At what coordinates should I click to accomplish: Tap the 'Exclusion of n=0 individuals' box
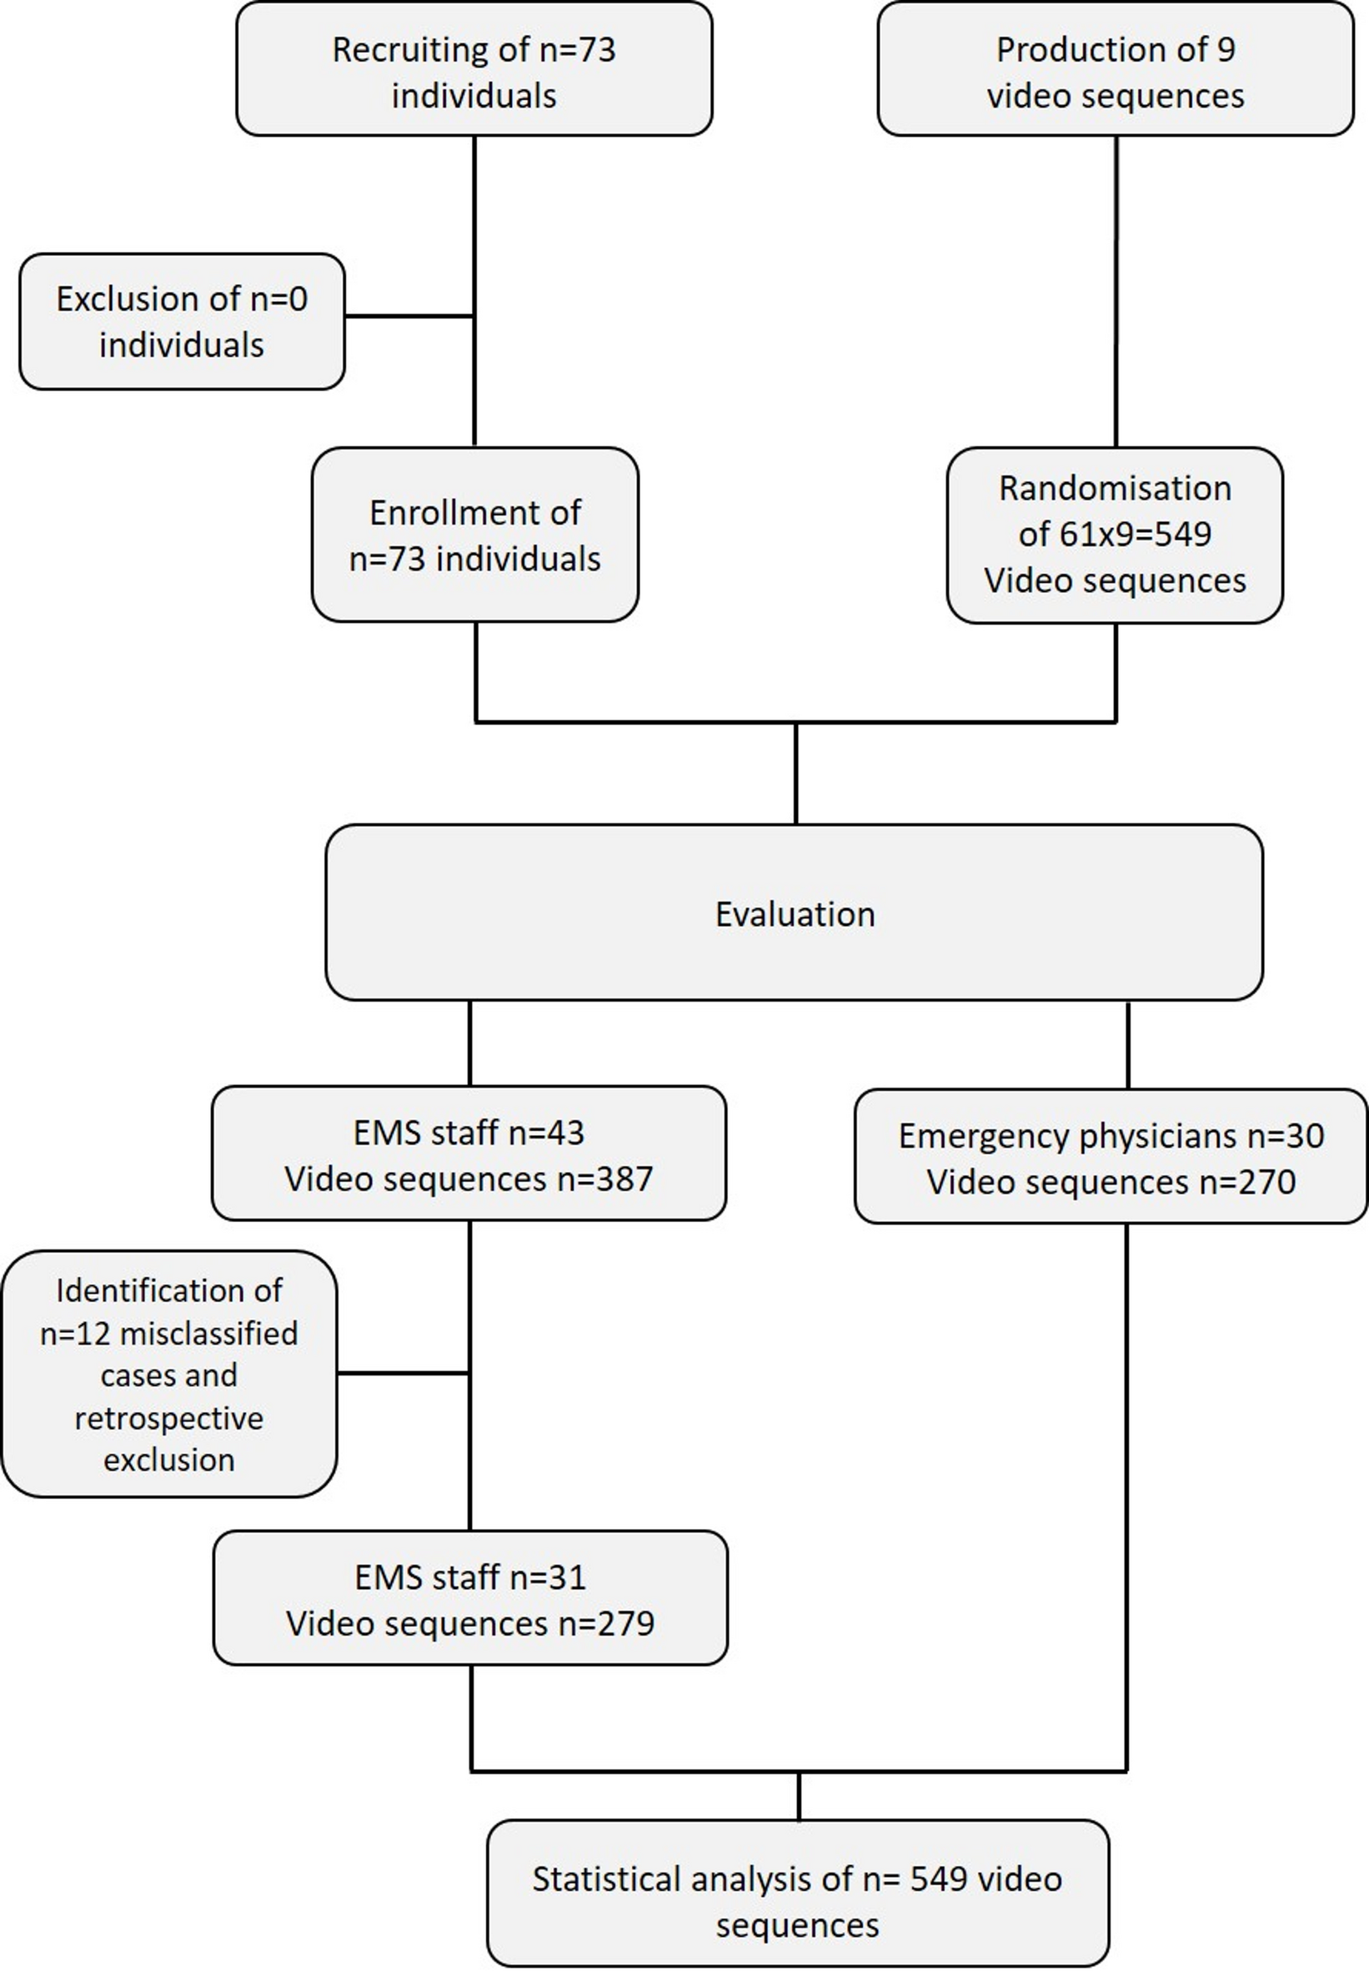tap(182, 322)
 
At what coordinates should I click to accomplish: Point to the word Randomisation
tap(1115, 488)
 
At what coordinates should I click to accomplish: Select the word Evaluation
tap(795, 915)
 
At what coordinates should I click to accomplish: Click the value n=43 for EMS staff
tap(546, 1134)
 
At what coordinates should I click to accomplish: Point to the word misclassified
tap(208, 1334)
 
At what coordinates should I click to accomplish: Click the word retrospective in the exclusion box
tap(169, 1418)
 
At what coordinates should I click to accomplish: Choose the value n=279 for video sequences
tap(606, 1624)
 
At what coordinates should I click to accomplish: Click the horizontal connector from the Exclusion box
tap(409, 316)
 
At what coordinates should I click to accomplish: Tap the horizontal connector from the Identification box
tap(404, 1373)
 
